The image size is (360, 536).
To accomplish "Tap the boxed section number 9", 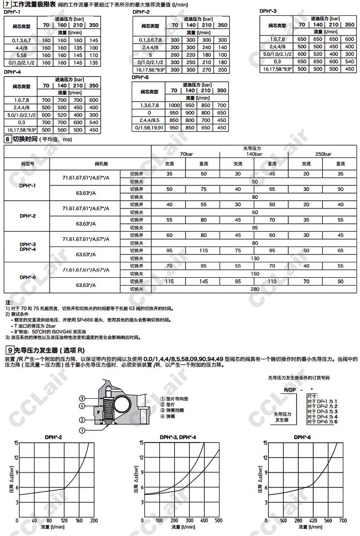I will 9,350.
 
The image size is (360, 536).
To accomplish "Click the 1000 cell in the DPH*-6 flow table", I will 174,105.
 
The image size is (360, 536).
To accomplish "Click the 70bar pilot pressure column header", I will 186,154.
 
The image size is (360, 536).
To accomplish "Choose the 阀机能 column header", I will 101,164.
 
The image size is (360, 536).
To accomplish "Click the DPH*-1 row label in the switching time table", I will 28,185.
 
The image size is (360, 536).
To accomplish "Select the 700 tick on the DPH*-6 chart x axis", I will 343,521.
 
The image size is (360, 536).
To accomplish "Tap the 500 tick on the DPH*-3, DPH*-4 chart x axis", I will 219,521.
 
